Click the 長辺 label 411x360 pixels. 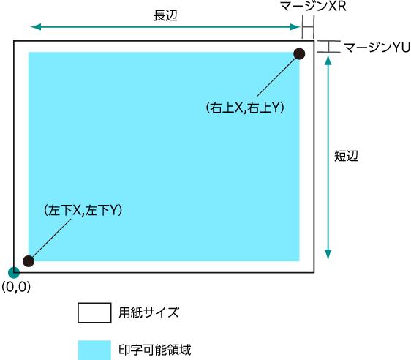(165, 15)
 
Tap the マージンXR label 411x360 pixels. (313, 6)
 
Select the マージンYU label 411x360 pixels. (377, 48)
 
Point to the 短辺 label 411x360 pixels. (346, 156)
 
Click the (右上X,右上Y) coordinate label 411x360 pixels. (245, 108)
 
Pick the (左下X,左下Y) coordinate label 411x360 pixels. (83, 210)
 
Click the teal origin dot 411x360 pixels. (14, 272)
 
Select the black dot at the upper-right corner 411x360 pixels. (299, 53)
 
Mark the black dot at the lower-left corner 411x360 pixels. (29, 261)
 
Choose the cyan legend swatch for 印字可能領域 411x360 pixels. (94, 350)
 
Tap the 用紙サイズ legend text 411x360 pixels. (149, 312)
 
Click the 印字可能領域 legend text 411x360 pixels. (155, 350)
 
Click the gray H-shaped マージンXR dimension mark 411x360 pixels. (308, 27)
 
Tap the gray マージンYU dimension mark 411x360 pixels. (328, 46)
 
